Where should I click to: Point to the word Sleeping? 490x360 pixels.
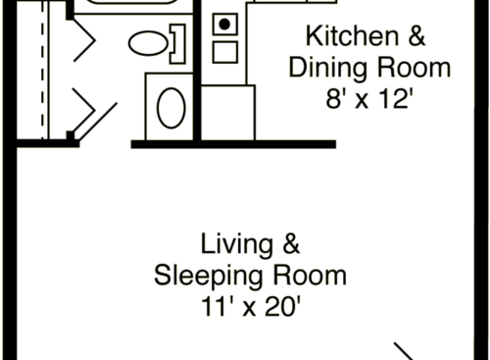tap(203, 276)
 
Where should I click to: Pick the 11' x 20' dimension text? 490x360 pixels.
tap(249, 307)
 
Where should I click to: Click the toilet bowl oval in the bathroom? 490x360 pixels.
tap(147, 42)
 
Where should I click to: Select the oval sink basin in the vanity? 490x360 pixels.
tap(171, 107)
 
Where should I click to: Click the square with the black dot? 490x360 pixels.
tap(225, 23)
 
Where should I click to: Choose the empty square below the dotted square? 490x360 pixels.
tap(225, 51)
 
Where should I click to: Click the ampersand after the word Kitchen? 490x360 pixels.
tap(417, 38)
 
